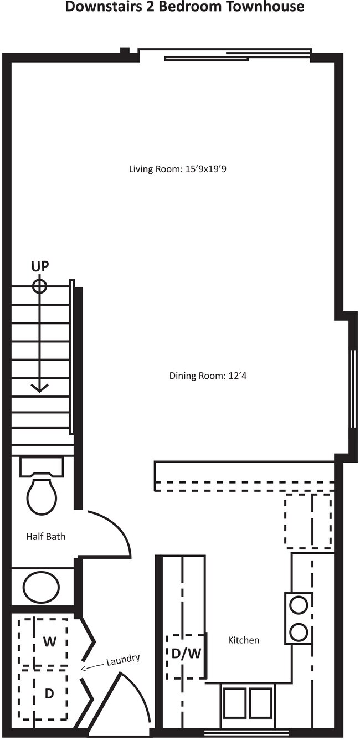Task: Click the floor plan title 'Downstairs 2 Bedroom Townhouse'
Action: pyautogui.click(x=184, y=7)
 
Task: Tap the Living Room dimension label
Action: pyautogui.click(x=178, y=169)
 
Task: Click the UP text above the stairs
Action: pyautogui.click(x=39, y=266)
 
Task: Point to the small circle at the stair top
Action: pyautogui.click(x=39, y=286)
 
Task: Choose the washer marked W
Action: pyautogui.click(x=49, y=642)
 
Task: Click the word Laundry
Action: pyautogui.click(x=122, y=660)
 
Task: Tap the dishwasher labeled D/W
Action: pyautogui.click(x=186, y=654)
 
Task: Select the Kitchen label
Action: pyautogui.click(x=244, y=640)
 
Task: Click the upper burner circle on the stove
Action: pyautogui.click(x=299, y=605)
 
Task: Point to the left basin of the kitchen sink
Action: pyautogui.click(x=235, y=702)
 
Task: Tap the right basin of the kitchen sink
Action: pyautogui.click(x=260, y=702)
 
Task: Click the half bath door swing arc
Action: pyautogui.click(x=117, y=526)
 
